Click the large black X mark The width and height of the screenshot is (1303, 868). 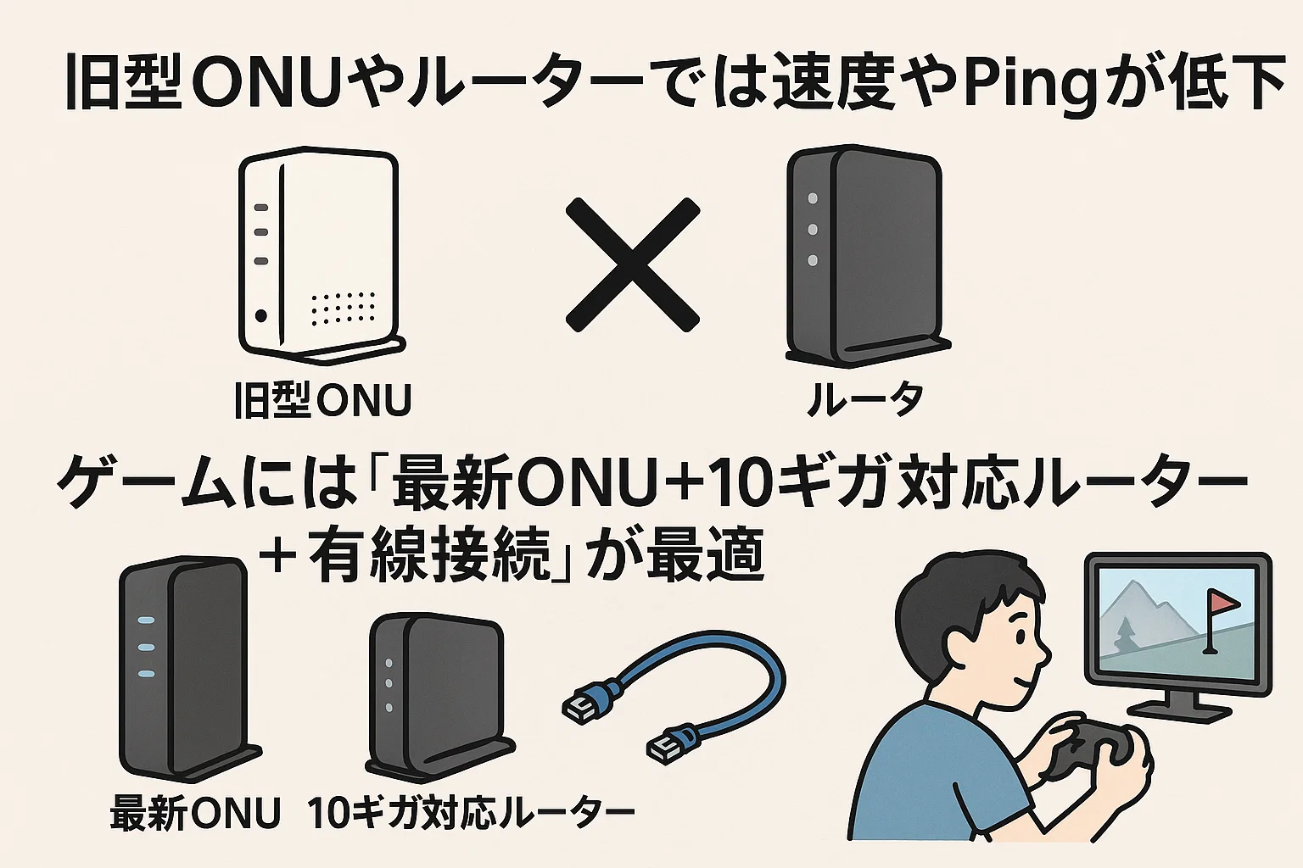click(x=632, y=265)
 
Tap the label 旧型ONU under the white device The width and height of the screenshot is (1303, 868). click(x=322, y=400)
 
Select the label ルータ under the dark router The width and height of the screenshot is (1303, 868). click(x=865, y=399)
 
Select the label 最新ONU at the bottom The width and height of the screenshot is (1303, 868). click(x=195, y=811)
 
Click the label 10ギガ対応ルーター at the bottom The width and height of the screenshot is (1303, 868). click(x=471, y=811)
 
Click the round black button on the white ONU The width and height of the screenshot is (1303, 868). click(x=260, y=315)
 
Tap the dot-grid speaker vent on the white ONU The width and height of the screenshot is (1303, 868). click(x=344, y=309)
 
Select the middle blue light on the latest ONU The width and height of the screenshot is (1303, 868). click(x=145, y=647)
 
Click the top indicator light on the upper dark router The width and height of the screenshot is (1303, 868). click(x=813, y=198)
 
